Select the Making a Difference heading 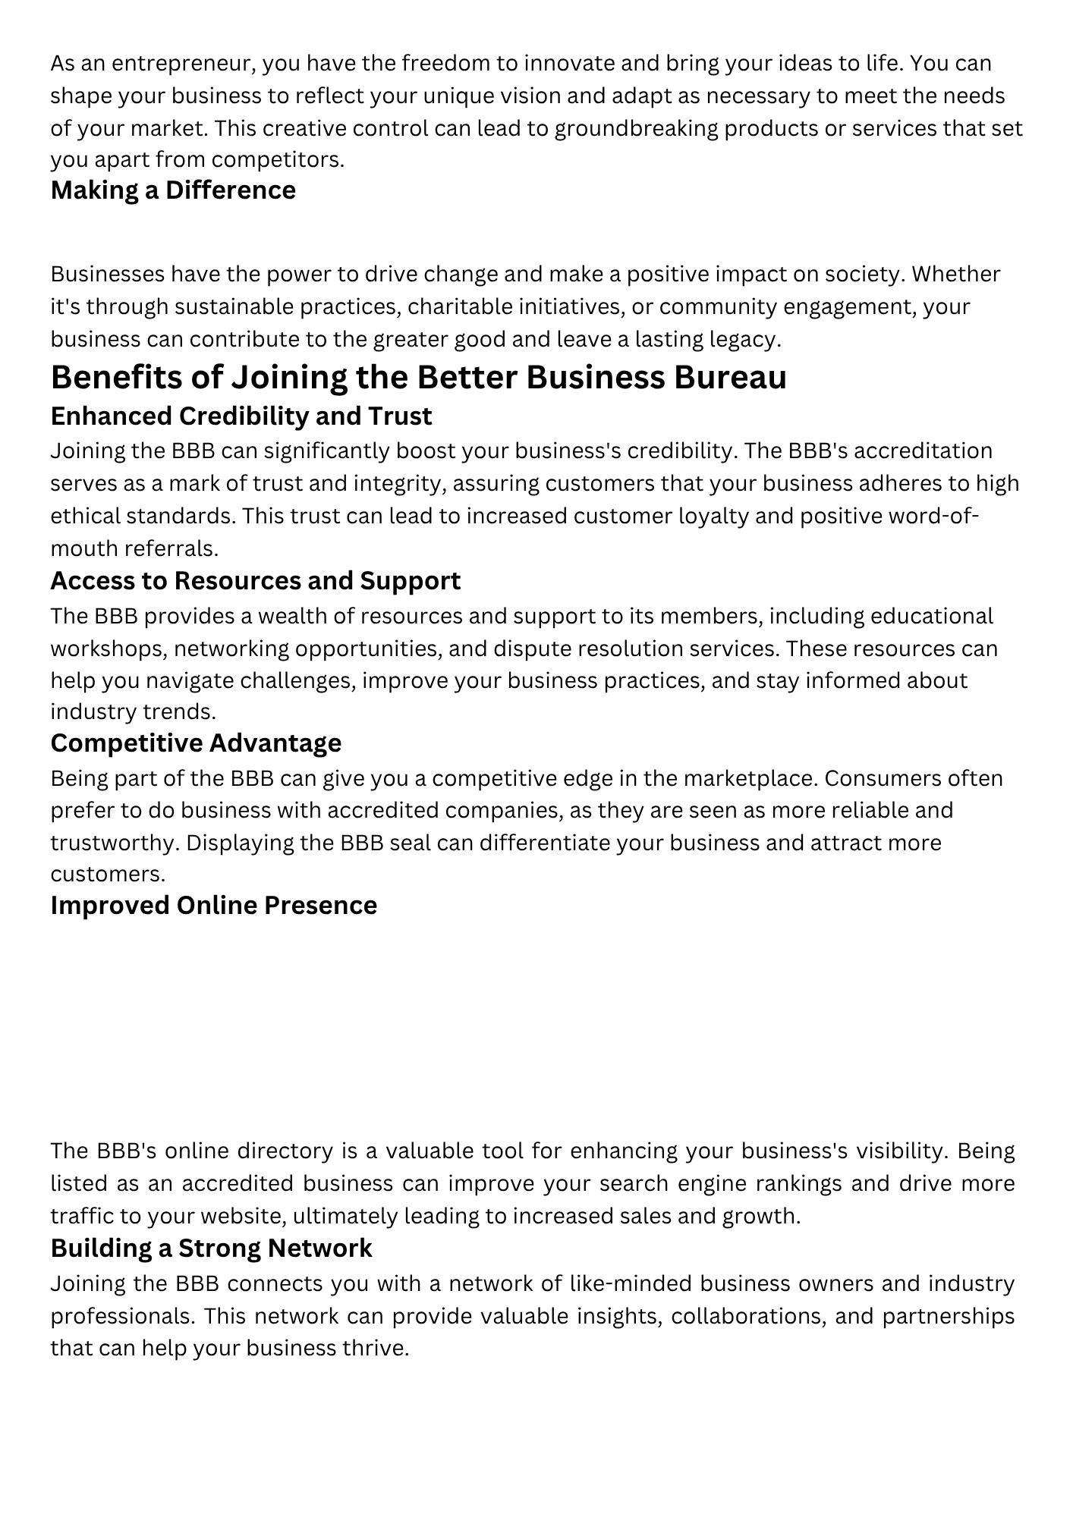(173, 190)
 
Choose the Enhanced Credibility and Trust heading (241, 416)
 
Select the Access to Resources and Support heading (255, 580)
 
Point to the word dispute (533, 649)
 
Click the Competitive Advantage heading (196, 743)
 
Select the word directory (285, 1151)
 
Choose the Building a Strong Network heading (211, 1248)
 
